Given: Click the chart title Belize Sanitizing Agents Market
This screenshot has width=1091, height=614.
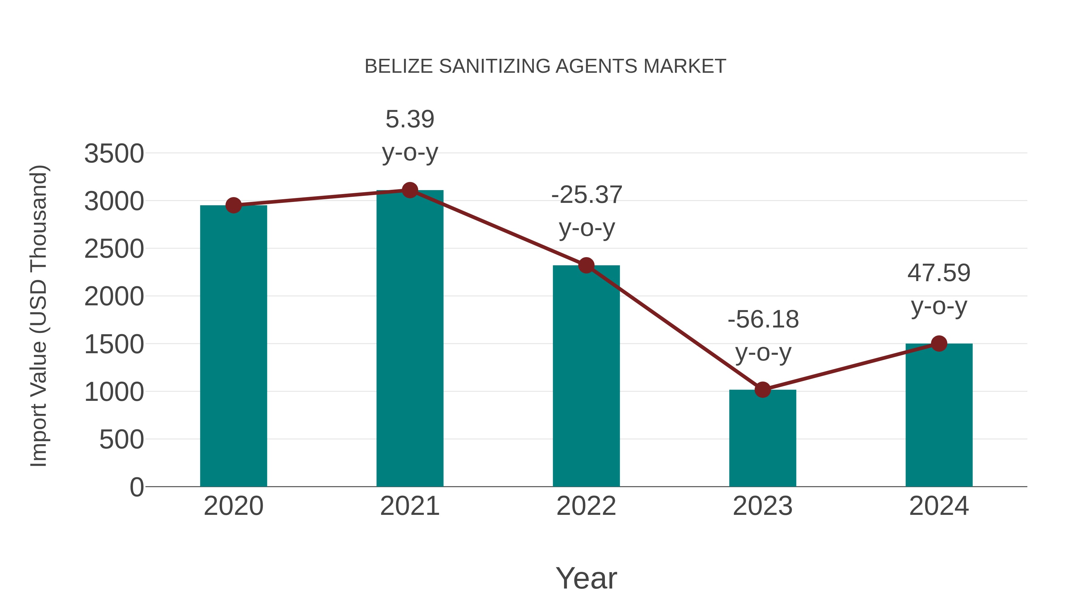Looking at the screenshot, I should [545, 66].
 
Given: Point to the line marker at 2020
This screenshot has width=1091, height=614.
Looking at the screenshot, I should [233, 206].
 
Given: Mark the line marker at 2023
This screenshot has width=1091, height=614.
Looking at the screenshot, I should [762, 389].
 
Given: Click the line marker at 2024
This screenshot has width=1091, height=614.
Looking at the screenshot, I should [939, 343].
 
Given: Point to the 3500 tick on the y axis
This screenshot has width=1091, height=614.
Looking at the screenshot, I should [114, 153].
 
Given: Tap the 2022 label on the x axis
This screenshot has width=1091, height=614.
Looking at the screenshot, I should [586, 506].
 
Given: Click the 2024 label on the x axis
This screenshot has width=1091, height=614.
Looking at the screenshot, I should [939, 506].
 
